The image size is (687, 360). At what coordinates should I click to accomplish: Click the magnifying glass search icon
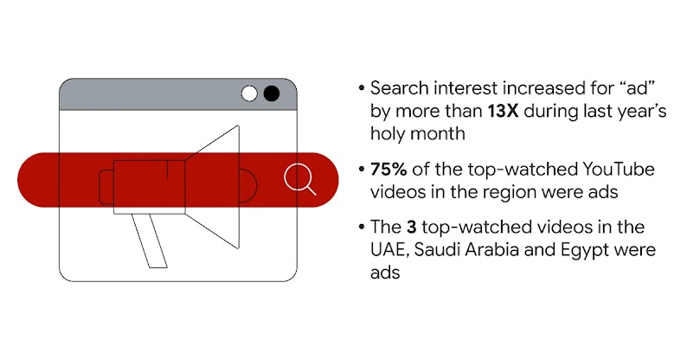(x=299, y=179)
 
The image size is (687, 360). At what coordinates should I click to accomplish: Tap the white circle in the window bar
(x=250, y=93)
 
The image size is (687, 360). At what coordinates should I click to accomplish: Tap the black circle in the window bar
(x=272, y=93)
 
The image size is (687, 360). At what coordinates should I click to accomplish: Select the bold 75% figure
(x=388, y=169)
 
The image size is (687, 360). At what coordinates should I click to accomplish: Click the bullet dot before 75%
(x=360, y=169)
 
